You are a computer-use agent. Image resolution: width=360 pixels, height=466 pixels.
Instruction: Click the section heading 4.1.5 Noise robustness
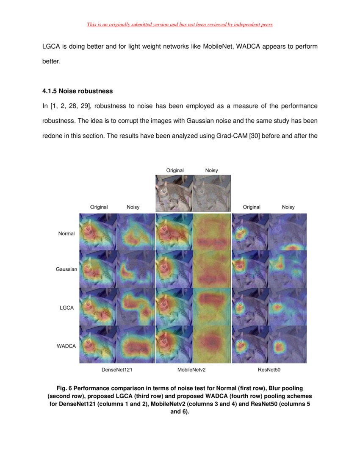click(x=78, y=91)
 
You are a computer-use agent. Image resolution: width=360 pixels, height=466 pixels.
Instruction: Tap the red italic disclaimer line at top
click(x=180, y=25)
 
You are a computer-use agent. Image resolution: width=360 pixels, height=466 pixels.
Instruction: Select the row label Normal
click(x=66, y=233)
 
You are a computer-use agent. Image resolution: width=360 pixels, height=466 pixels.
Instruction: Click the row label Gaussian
click(x=66, y=269)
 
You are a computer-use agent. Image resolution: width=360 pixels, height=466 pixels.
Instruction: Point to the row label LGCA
click(x=66, y=308)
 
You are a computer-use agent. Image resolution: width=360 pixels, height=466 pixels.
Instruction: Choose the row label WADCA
click(x=66, y=346)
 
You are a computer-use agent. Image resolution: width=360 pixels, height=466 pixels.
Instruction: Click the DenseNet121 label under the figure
click(x=117, y=370)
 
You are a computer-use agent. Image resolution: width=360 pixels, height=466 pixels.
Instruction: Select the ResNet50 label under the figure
click(x=269, y=370)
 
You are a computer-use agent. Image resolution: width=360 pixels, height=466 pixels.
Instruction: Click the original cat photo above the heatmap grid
click(x=174, y=193)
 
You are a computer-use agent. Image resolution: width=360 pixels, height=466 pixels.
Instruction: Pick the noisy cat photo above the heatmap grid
click(x=212, y=193)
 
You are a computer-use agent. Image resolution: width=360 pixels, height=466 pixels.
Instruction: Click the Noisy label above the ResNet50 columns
click(x=288, y=207)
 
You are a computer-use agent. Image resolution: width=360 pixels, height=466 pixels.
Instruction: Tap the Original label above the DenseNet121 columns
click(x=99, y=207)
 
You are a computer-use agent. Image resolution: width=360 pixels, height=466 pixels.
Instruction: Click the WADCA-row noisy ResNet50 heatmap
click(x=288, y=344)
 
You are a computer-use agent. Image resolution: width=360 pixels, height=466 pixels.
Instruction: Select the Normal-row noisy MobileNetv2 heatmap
click(x=212, y=231)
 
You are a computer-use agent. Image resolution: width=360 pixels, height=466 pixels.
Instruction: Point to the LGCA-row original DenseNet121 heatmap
click(x=98, y=307)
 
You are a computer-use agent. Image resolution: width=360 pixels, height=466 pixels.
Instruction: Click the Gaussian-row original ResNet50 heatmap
click(x=250, y=269)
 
